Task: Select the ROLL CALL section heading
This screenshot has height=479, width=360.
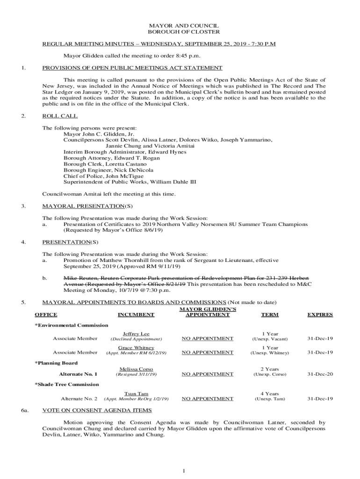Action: (x=60, y=116)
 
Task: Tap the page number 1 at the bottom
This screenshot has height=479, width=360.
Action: (x=185, y=470)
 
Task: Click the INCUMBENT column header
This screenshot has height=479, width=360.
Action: (x=136, y=315)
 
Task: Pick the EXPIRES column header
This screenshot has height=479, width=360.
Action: (x=320, y=315)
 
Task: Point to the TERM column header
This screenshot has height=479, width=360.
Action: (x=270, y=315)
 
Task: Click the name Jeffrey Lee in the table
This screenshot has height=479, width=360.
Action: (x=136, y=334)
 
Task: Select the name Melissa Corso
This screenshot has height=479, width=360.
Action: (x=136, y=370)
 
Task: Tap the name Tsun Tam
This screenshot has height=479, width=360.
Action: (x=136, y=394)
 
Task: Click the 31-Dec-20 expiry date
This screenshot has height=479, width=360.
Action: (x=320, y=374)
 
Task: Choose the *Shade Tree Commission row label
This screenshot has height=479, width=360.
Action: (x=67, y=384)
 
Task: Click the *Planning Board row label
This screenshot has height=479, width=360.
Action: (x=56, y=363)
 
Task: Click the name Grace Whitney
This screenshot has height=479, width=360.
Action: (x=136, y=348)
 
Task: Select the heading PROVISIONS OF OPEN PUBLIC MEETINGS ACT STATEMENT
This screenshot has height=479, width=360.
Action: (x=132, y=68)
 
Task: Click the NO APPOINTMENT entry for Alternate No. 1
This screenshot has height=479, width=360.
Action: (x=207, y=374)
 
